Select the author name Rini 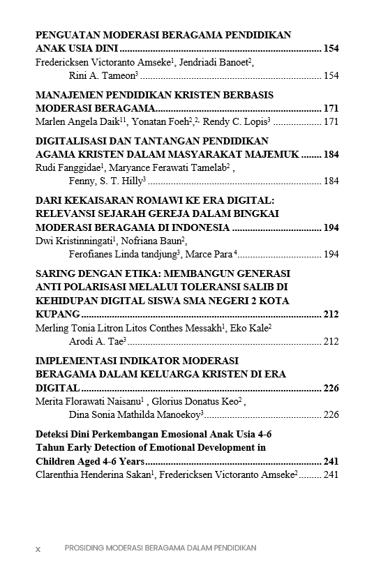pos(78,75)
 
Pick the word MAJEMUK pos(271,154)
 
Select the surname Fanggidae pos(78,167)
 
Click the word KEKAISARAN pos(96,200)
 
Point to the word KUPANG pos(57,315)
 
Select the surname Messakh pos(199,328)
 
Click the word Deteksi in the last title pos(53,434)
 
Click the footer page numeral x pos(38,549)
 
